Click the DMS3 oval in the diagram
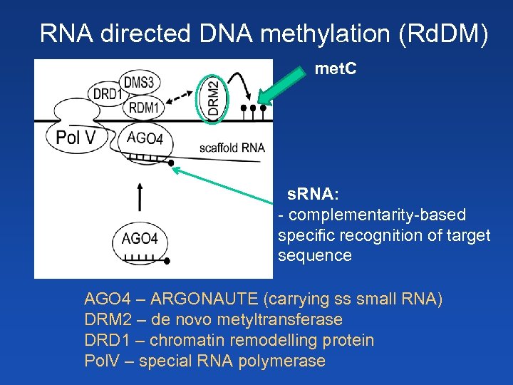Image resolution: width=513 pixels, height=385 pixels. [x=138, y=81]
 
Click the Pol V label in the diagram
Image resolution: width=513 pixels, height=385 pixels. [x=75, y=138]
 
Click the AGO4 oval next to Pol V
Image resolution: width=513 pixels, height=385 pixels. [x=145, y=138]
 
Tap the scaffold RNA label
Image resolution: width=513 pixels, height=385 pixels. [x=232, y=148]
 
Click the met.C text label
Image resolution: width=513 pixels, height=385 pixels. [x=336, y=70]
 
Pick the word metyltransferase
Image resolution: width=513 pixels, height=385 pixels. [x=277, y=319]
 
